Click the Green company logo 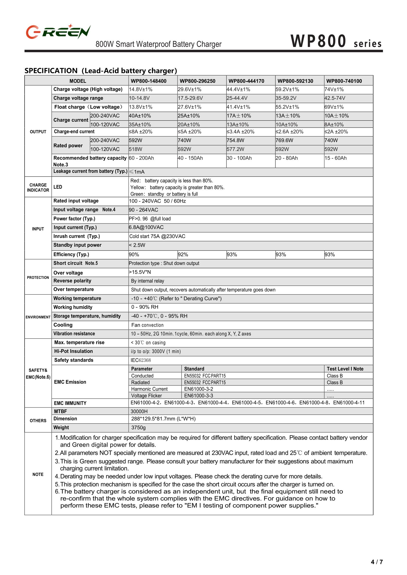[58, 32]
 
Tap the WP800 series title [336, 42]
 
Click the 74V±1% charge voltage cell [334, 89]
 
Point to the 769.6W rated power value [284, 140]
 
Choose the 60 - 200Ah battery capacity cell [141, 158]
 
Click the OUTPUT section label [38, 132]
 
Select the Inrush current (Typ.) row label [76, 236]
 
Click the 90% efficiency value [134, 254]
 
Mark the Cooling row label [63, 325]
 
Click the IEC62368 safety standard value [141, 360]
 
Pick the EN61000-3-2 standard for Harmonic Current [198, 389]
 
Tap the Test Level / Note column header [345, 369]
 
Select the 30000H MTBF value [139, 411]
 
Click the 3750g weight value [138, 428]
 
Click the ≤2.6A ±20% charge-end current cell [289, 132]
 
